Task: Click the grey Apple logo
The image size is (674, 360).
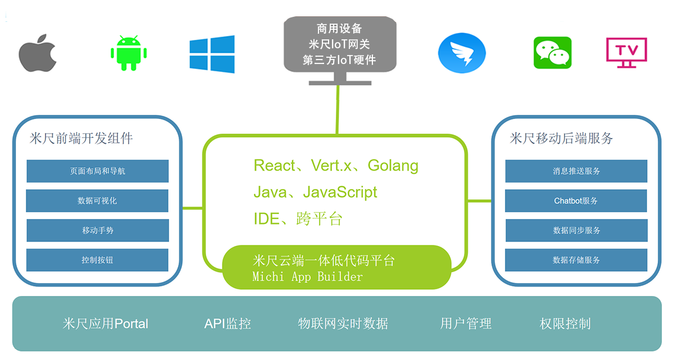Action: (x=38, y=53)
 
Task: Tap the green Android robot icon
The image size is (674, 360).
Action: (x=129, y=53)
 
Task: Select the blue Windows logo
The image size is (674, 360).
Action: (x=212, y=54)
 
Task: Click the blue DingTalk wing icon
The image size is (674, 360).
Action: (x=462, y=53)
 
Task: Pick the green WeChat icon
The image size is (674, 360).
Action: (x=553, y=53)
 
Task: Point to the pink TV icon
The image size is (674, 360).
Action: (x=626, y=53)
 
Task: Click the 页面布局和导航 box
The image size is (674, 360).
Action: (x=98, y=171)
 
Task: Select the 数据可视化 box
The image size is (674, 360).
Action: (x=97, y=200)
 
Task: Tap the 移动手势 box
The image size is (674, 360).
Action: (x=98, y=230)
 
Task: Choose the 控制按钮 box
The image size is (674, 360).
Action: (x=97, y=260)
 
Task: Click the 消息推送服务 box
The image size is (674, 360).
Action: (x=576, y=171)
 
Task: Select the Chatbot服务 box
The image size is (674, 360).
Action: (x=576, y=200)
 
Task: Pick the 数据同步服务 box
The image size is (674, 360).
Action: (x=576, y=230)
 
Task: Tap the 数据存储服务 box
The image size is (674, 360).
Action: (x=576, y=260)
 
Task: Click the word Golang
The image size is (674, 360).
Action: (x=393, y=166)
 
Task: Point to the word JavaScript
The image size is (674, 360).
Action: (x=340, y=192)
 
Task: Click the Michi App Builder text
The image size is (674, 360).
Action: (x=308, y=277)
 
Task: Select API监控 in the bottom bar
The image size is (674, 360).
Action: (x=227, y=324)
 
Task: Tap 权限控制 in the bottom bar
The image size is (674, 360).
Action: (x=565, y=324)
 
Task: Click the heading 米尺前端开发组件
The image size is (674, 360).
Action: (x=81, y=138)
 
